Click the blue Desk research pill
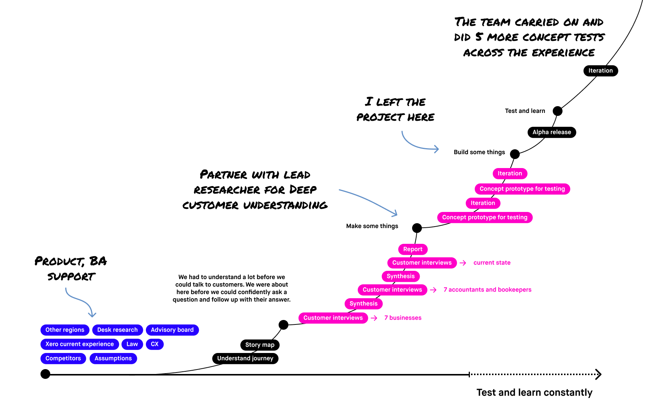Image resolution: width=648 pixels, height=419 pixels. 117,330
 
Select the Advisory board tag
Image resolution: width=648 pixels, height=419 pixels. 172,330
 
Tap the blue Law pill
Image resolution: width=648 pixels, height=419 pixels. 132,344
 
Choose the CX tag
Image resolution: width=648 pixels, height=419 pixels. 154,344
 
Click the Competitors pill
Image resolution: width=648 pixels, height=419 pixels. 63,359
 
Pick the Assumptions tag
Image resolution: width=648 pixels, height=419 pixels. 113,359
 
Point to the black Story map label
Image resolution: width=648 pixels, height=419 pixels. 259,345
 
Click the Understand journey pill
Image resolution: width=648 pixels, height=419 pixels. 245,359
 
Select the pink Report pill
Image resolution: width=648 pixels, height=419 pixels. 412,249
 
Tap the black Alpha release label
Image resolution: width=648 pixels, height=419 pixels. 552,132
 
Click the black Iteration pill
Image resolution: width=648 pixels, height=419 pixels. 600,71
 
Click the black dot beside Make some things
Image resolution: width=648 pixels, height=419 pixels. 417,228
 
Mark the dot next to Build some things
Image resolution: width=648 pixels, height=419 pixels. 515,154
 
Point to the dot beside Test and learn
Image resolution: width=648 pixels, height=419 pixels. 558,111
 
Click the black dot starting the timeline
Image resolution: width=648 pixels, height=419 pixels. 45,374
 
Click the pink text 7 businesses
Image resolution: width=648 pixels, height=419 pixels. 403,318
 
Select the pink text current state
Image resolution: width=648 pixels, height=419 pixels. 492,263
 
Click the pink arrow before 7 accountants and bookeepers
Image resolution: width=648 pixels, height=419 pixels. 433,290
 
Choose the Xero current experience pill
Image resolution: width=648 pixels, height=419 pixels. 79,344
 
